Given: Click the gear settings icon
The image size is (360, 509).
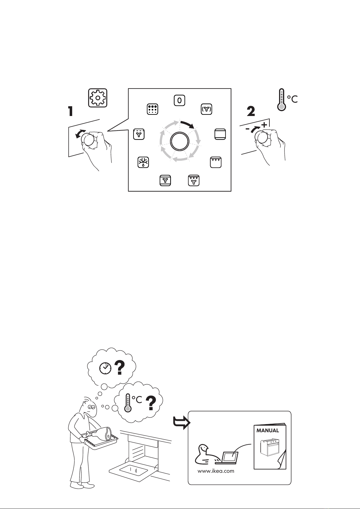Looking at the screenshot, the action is tap(98, 98).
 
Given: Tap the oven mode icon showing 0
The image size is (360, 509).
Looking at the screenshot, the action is tap(179, 100).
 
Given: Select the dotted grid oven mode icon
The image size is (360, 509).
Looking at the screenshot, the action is tap(153, 109).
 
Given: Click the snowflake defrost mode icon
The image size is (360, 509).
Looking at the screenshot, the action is tap(143, 162).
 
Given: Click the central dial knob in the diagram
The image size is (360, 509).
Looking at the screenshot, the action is tap(179, 141).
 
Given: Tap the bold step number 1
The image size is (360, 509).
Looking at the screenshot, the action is tap(70, 111).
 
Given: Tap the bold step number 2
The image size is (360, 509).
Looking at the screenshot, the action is tap(251, 111).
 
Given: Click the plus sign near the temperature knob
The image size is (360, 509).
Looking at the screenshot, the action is tap(264, 125).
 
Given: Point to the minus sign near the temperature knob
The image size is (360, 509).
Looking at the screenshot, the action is tap(248, 129).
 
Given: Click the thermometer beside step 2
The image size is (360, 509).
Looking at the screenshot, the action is tap(282, 99).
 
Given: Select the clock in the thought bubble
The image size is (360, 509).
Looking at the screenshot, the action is tap(105, 368).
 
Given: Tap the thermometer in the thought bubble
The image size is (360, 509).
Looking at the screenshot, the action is tap(128, 403).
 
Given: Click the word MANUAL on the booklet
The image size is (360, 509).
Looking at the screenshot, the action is tap(268, 430).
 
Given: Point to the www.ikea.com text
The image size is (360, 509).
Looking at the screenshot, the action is tap(216, 471).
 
